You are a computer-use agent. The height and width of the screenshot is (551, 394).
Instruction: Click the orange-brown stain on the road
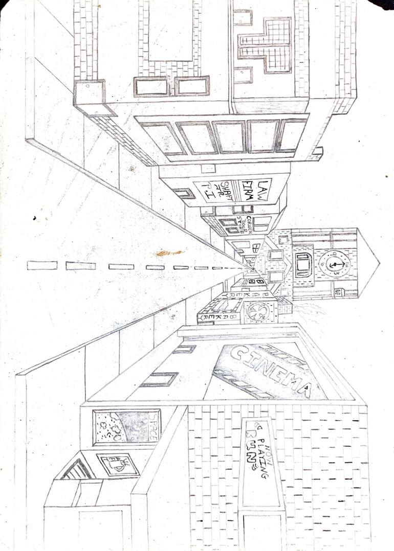[x=169, y=252]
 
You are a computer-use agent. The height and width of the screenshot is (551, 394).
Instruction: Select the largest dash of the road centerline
[x=42, y=265]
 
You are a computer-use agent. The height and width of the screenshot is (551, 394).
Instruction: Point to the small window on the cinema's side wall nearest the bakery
[x=184, y=349]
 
